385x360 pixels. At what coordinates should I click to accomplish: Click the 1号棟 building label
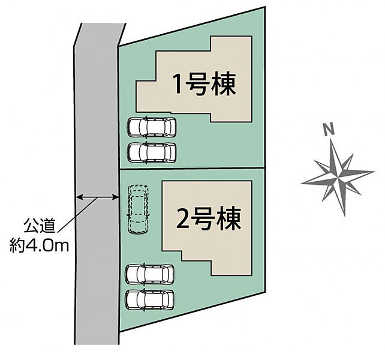(204, 83)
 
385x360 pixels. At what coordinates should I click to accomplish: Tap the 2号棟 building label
(209, 219)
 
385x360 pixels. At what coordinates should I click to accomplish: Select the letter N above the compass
(329, 129)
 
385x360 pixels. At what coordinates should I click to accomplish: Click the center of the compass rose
(338, 176)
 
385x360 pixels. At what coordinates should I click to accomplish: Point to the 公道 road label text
(39, 226)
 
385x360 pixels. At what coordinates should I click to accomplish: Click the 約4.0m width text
(39, 246)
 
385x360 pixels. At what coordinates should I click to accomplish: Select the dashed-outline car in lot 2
(139, 209)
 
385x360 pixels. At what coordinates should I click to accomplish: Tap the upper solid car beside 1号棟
(152, 127)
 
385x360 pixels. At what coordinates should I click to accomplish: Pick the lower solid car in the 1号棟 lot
(152, 152)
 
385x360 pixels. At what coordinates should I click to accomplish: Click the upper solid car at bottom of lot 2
(149, 274)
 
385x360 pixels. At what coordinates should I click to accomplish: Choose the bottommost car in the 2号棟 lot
(149, 300)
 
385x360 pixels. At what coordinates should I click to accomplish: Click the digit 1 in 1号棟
(178, 84)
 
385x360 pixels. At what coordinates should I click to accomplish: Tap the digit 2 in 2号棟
(183, 219)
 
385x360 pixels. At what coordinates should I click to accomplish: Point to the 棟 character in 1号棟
(224, 83)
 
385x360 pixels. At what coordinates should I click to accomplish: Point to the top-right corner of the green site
(265, 7)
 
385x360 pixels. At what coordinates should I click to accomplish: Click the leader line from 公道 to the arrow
(78, 214)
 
